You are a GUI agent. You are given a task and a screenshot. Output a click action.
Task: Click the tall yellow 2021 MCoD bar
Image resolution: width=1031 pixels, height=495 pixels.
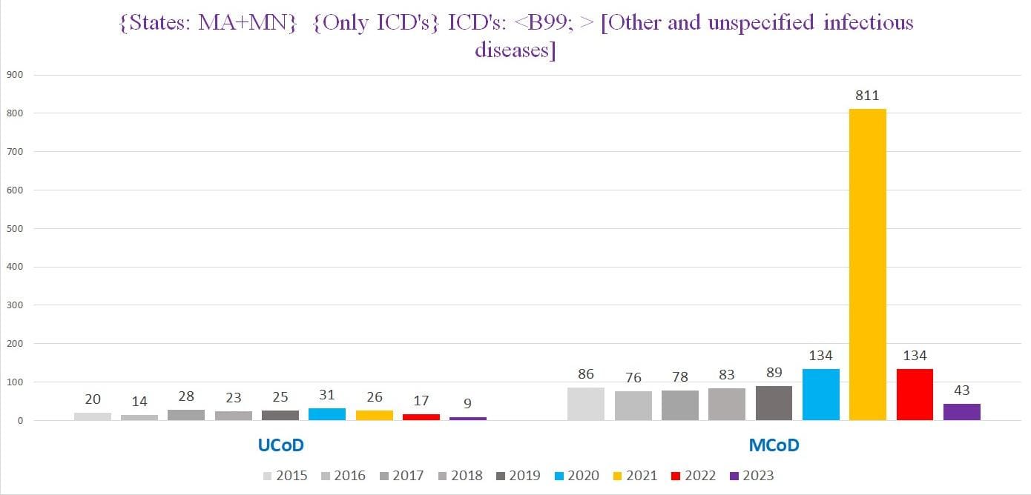pyautogui.click(x=868, y=265)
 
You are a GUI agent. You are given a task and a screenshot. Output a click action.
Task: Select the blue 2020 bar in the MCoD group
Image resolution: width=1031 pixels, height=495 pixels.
pyautogui.click(x=820, y=395)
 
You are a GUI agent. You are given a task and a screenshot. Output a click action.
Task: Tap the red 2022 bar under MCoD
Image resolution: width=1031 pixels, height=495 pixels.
pyautogui.click(x=915, y=395)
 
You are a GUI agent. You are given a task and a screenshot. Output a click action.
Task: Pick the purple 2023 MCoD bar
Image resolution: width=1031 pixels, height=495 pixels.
pyautogui.click(x=962, y=412)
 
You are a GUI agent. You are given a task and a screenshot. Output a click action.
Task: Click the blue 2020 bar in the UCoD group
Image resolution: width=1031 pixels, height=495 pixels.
pyautogui.click(x=327, y=414)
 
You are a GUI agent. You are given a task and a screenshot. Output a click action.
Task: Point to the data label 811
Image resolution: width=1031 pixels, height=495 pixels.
pyautogui.click(x=867, y=96)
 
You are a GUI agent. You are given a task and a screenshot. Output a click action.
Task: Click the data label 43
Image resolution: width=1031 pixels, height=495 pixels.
pyautogui.click(x=962, y=390)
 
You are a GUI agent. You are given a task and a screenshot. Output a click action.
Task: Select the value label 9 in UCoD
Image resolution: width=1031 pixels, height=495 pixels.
pyautogui.click(x=467, y=403)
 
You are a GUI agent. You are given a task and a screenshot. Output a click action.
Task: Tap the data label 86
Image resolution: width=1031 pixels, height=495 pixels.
pyautogui.click(x=585, y=374)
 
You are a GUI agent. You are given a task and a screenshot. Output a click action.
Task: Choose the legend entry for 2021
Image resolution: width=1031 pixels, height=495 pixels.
pyautogui.click(x=636, y=476)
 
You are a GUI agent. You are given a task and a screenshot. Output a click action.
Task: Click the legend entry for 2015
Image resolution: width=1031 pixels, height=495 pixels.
pyautogui.click(x=286, y=476)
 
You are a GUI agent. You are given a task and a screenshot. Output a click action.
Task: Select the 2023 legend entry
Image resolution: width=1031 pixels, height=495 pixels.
pyautogui.click(x=752, y=476)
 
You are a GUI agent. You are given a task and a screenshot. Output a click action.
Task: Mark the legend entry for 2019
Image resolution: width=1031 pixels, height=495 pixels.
pyautogui.click(x=518, y=476)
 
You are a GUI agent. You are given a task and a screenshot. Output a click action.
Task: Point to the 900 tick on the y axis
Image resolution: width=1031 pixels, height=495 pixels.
pyautogui.click(x=15, y=75)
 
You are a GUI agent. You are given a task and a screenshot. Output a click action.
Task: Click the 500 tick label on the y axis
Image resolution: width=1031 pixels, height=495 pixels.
pyautogui.click(x=15, y=229)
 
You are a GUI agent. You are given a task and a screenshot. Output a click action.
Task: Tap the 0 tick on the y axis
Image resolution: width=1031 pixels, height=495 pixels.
pyautogui.click(x=20, y=420)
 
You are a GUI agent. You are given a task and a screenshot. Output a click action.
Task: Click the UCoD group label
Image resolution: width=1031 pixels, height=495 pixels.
pyautogui.click(x=281, y=445)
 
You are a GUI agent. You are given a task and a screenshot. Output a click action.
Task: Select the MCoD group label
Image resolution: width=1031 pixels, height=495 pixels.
pyautogui.click(x=774, y=445)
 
